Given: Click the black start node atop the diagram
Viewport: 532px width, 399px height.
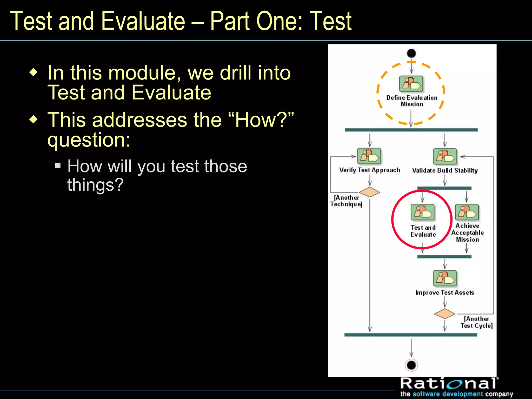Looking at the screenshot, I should (x=411, y=53).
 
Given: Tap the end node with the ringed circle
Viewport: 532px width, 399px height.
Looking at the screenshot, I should (x=411, y=365).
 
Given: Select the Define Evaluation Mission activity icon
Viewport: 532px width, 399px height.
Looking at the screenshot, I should (x=411, y=84).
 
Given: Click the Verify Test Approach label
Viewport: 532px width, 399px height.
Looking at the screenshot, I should (x=369, y=170).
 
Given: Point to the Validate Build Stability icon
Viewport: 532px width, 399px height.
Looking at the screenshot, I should (x=445, y=156).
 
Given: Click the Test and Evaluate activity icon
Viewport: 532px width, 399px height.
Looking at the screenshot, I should (x=423, y=212).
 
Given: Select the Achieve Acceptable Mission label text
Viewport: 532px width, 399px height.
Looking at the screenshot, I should (x=467, y=232).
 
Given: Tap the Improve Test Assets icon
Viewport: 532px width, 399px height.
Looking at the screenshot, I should (x=445, y=278).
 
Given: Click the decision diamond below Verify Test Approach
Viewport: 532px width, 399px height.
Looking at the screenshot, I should (x=369, y=192).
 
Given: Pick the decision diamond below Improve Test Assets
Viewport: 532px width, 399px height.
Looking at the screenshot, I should (x=444, y=314).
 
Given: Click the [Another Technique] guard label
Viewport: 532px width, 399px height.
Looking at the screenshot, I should (x=346, y=201).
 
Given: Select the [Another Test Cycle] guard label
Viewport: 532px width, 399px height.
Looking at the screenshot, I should (x=476, y=322).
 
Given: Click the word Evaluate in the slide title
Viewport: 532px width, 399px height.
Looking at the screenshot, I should (x=143, y=21).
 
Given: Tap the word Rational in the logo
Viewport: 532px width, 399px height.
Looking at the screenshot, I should (x=449, y=383).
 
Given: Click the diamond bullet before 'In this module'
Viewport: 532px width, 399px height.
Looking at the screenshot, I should (x=34, y=72).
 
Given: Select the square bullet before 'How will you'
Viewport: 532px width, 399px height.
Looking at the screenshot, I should (x=58, y=165).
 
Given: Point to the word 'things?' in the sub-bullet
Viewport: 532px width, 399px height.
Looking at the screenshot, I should (x=95, y=185).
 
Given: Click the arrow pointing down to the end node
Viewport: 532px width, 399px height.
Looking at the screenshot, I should (x=411, y=348).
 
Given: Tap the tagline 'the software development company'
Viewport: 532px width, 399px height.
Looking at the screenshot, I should (x=456, y=394).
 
